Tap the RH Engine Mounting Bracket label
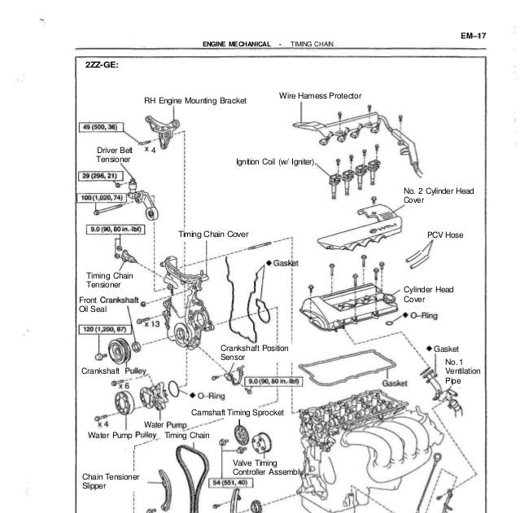point(194,102)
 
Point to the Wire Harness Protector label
point(326,96)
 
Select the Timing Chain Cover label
point(213,235)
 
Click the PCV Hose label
point(444,235)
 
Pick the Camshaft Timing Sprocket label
point(237,413)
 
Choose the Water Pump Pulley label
point(121,436)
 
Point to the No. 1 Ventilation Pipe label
point(456,370)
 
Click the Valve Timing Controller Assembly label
point(269,467)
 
